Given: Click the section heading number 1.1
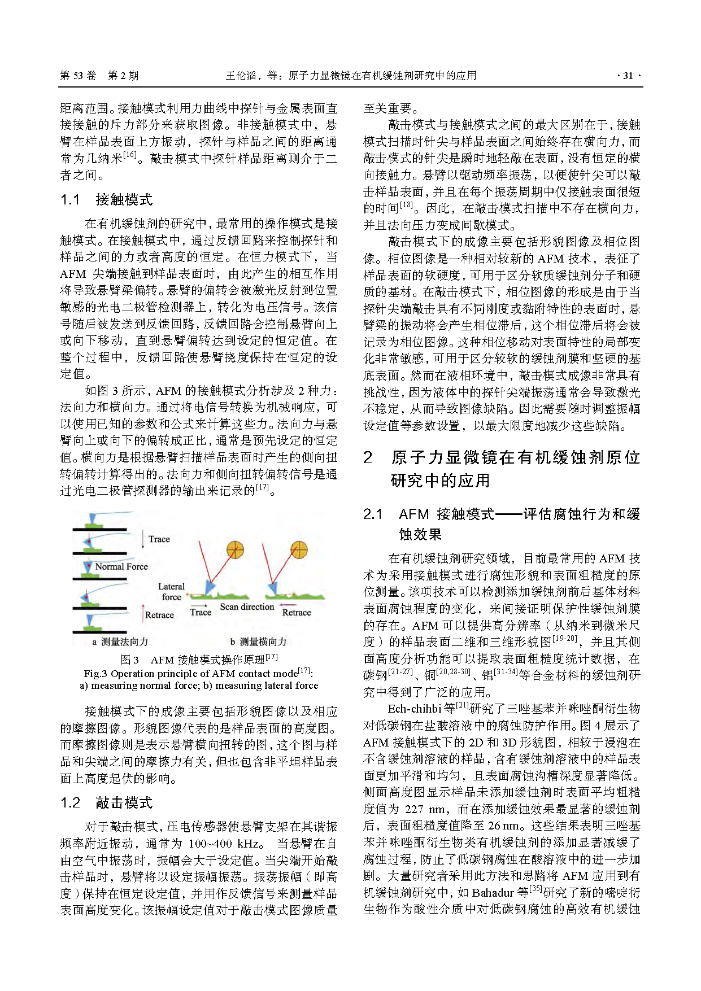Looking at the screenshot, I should point(70,199).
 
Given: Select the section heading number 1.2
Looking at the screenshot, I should point(70,802).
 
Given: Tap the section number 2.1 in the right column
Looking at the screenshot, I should point(373,514).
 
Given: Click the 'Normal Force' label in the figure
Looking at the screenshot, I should point(121,566).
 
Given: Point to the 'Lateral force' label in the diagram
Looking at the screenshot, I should point(171,592).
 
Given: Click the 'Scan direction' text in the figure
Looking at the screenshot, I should point(247,606).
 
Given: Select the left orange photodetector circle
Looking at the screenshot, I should point(235,549).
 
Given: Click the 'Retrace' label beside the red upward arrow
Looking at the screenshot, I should point(159,615).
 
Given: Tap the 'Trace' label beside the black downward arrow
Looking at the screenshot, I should point(159,539).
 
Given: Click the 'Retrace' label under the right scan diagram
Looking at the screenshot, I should point(297,612).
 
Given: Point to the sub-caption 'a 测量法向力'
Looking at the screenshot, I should point(120,641).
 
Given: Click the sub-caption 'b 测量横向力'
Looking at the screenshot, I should point(258,641).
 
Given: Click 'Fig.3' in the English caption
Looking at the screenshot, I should point(95,674).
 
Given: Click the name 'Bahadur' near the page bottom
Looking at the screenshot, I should point(493,892).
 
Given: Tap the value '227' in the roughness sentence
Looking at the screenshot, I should point(414,809).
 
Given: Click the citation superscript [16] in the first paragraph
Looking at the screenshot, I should point(129,155).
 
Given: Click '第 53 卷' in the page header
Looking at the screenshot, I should point(78,76).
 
